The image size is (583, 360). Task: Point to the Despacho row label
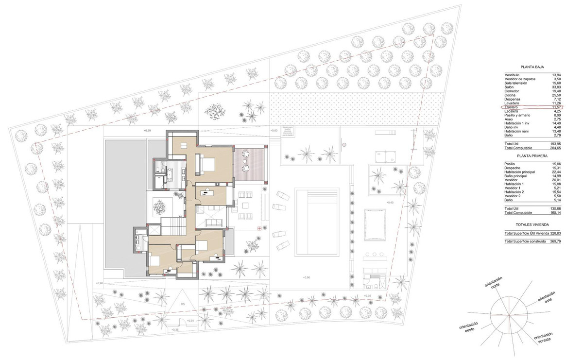coord(514,168)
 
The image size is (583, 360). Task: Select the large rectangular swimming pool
coord(316,222)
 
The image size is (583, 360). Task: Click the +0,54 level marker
coord(190,321)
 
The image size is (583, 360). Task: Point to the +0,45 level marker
coord(389,202)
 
